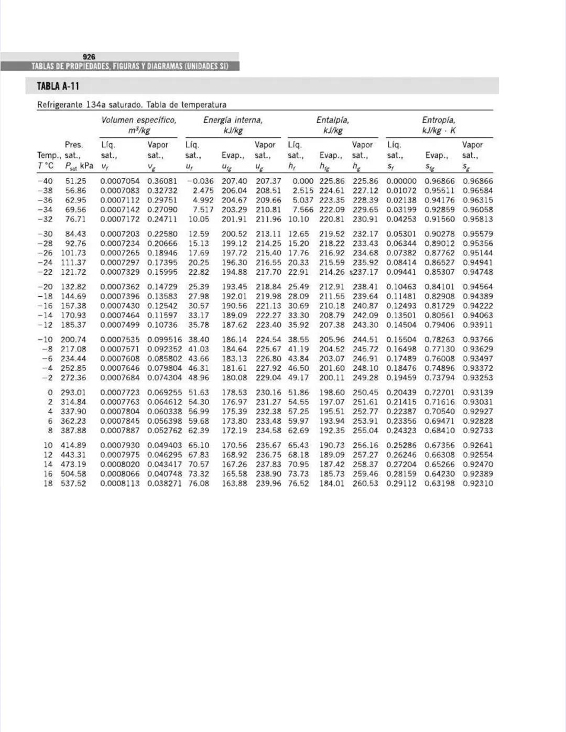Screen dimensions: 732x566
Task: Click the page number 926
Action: [89, 57]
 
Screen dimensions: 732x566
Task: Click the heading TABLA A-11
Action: [58, 86]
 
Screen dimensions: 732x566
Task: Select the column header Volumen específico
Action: [139, 120]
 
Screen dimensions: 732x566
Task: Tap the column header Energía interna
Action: [233, 120]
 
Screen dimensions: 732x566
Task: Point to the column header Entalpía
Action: [332, 120]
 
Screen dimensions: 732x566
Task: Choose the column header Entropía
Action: [439, 120]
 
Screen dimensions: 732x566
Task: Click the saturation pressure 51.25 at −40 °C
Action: [75, 181]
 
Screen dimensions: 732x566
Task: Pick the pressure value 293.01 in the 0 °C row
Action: [73, 392]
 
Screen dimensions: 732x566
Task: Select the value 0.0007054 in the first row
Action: [120, 181]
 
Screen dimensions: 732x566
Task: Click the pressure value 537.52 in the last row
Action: [73, 483]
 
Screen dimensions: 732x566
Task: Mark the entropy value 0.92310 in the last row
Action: [477, 483]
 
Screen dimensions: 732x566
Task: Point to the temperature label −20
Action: [45, 287]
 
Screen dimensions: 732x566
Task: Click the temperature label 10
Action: [48, 445]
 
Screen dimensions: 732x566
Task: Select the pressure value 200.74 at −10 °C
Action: [73, 340]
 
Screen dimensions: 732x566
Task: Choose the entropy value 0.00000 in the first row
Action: [401, 181]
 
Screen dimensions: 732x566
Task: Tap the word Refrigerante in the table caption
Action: [60, 105]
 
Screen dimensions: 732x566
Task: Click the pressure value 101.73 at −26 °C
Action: [73, 253]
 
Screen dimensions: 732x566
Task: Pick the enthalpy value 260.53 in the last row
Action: [365, 483]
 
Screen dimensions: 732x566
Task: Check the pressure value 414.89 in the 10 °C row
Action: [73, 445]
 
